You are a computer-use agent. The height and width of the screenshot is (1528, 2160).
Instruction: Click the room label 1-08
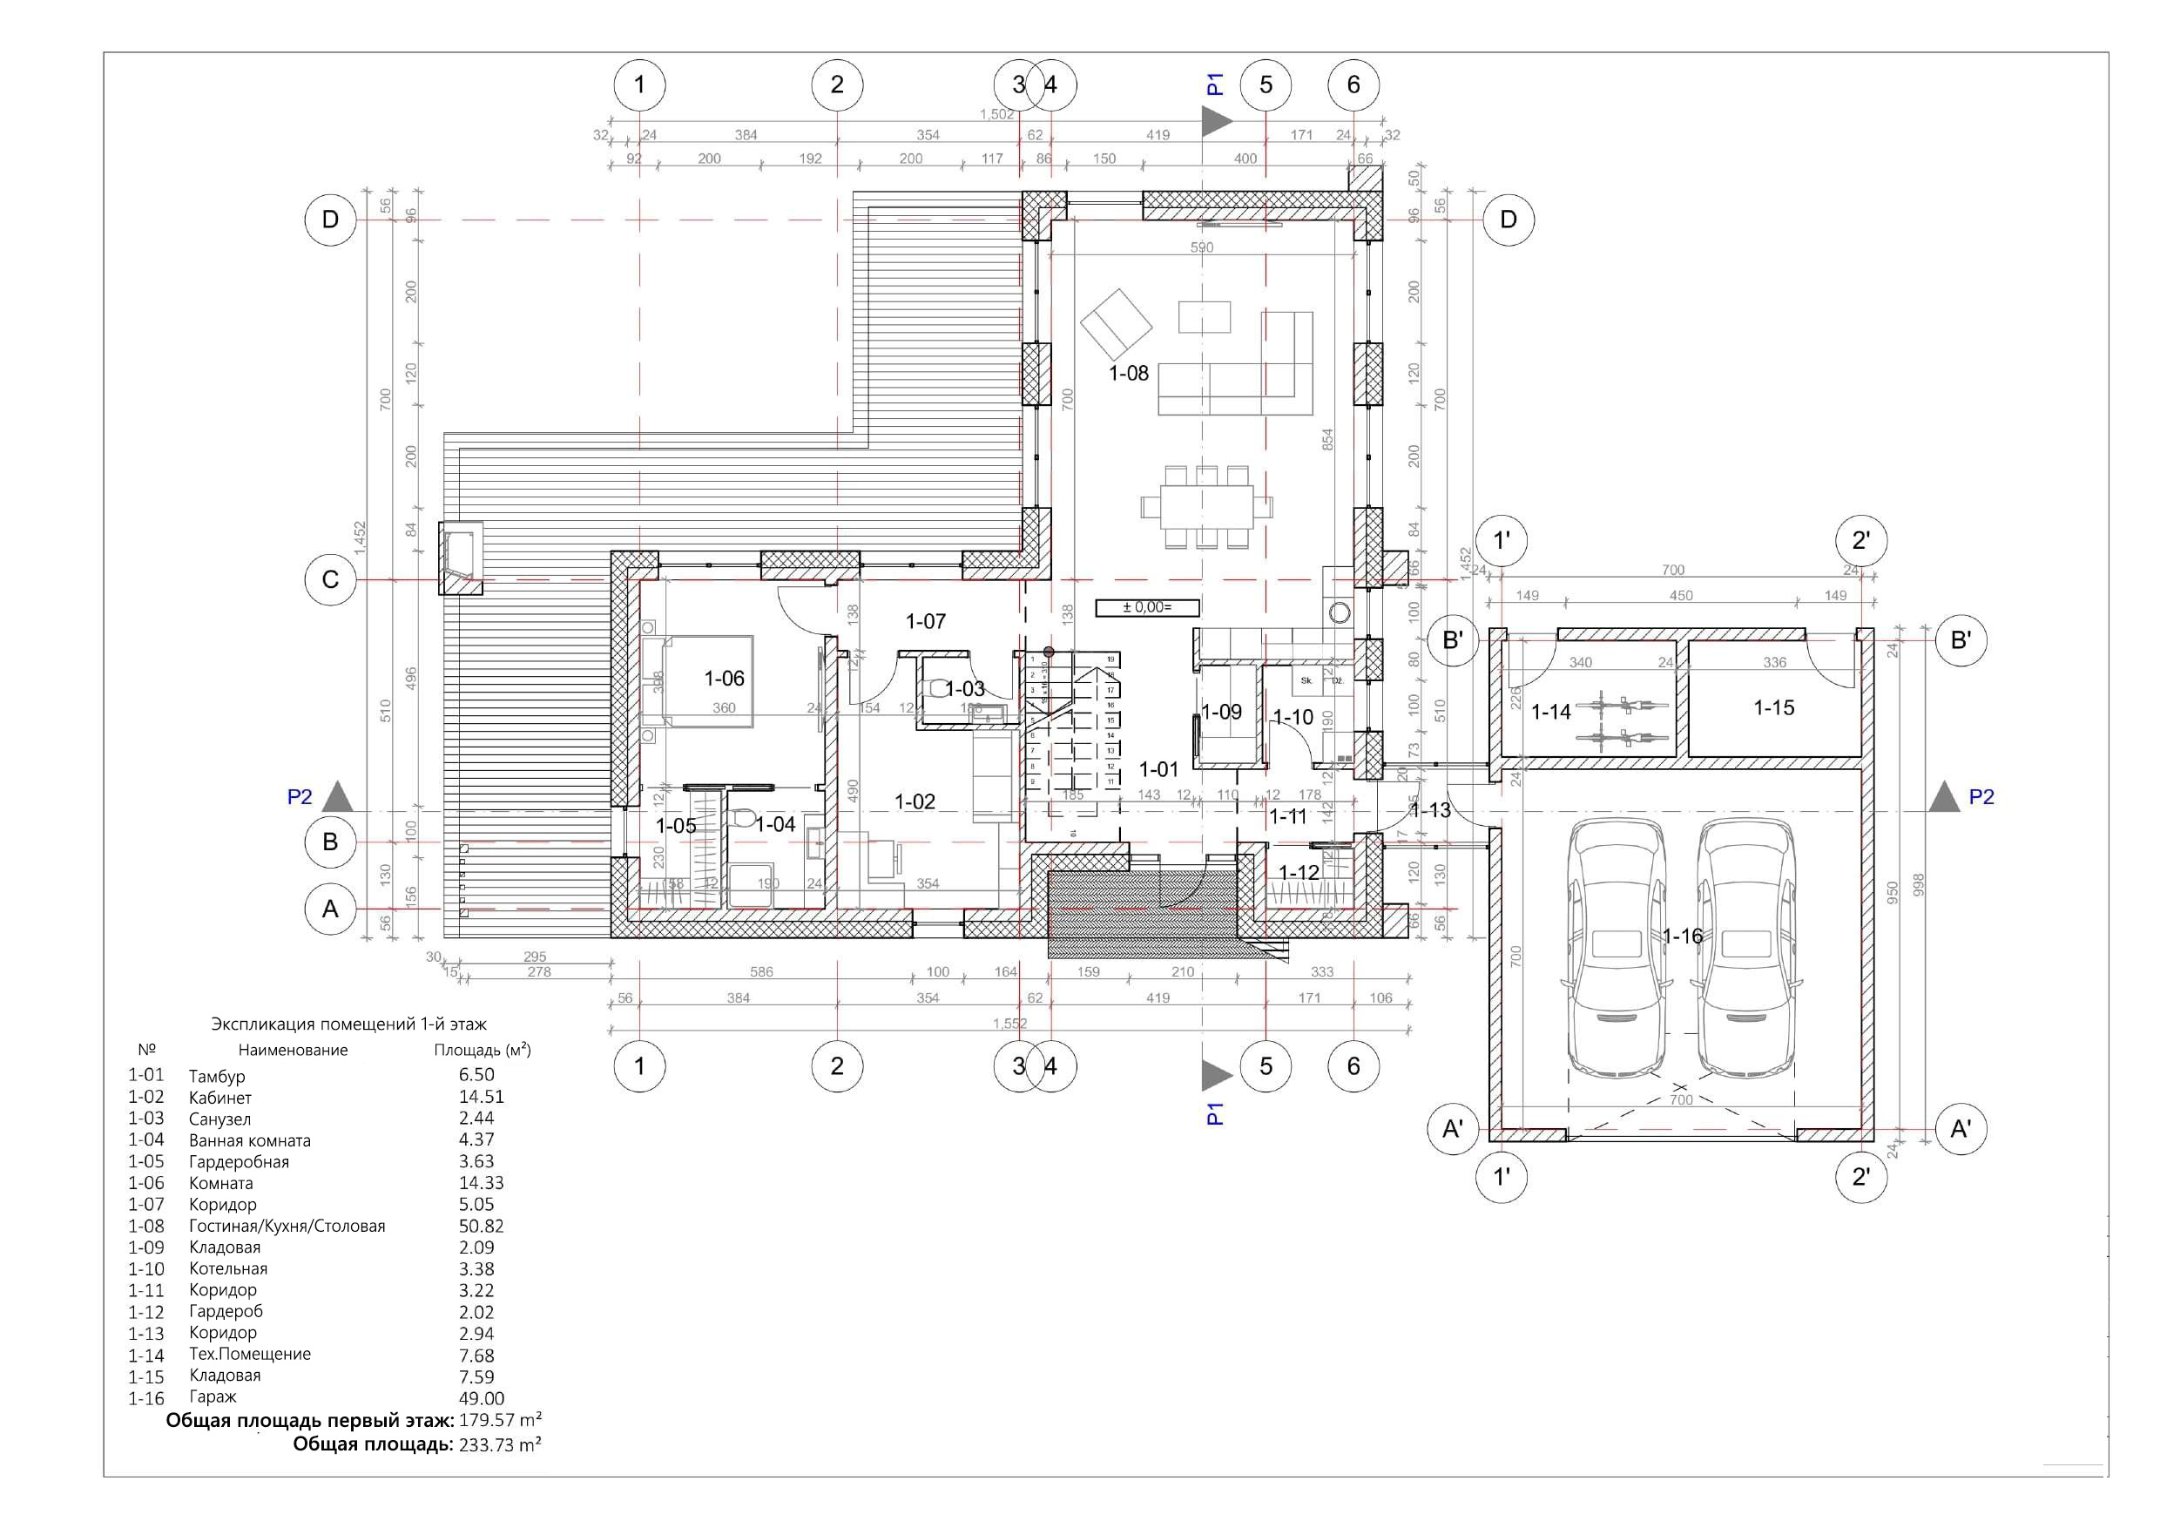[x=1128, y=374]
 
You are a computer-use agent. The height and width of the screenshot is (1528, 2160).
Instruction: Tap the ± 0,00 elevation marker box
[x=1147, y=608]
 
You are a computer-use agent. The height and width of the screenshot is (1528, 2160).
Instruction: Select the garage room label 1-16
[x=1682, y=936]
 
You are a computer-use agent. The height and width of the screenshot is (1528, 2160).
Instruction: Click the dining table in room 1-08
[x=1206, y=507]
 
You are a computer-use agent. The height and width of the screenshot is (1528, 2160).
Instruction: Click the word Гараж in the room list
[x=213, y=1397]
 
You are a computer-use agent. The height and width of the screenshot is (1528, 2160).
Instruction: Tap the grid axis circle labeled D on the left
[x=330, y=220]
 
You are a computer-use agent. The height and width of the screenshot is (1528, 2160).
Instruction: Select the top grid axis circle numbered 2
[x=837, y=85]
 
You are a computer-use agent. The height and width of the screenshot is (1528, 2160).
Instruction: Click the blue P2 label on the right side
[x=1981, y=797]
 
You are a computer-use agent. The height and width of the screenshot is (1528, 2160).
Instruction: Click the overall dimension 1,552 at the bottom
[x=1009, y=1023]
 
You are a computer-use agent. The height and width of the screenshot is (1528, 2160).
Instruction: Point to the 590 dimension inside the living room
[x=1201, y=247]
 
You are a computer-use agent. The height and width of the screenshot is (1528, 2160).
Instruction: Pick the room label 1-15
[x=1773, y=707]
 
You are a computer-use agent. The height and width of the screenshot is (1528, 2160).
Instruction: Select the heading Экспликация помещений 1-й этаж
[x=349, y=1024]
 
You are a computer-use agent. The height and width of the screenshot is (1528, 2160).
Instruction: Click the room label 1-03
[x=964, y=689]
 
